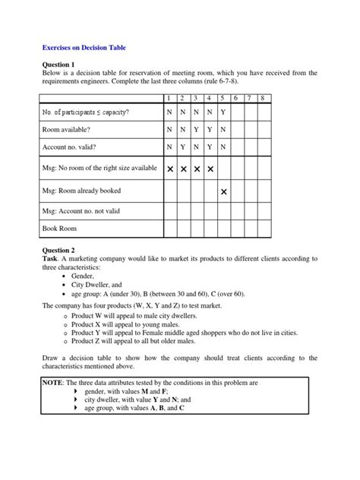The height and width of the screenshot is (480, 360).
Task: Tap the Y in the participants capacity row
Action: tap(223, 112)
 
